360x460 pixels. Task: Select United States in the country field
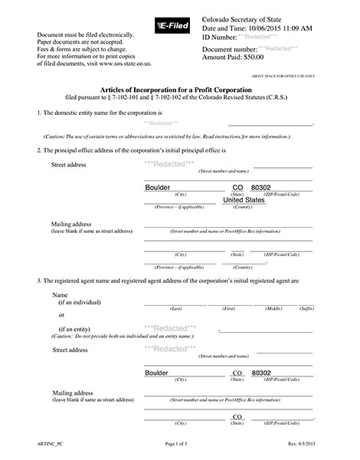244,200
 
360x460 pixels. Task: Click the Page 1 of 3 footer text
180,445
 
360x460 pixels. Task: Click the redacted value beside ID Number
260,37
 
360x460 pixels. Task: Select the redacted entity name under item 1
160,123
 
